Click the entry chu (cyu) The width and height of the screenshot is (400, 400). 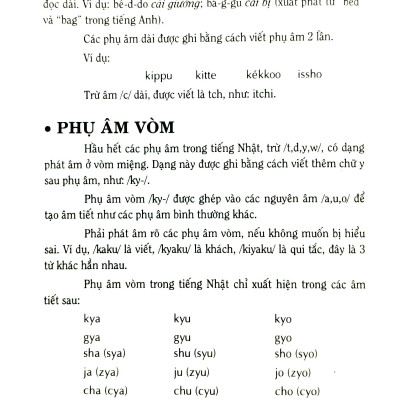(x=208, y=391)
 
